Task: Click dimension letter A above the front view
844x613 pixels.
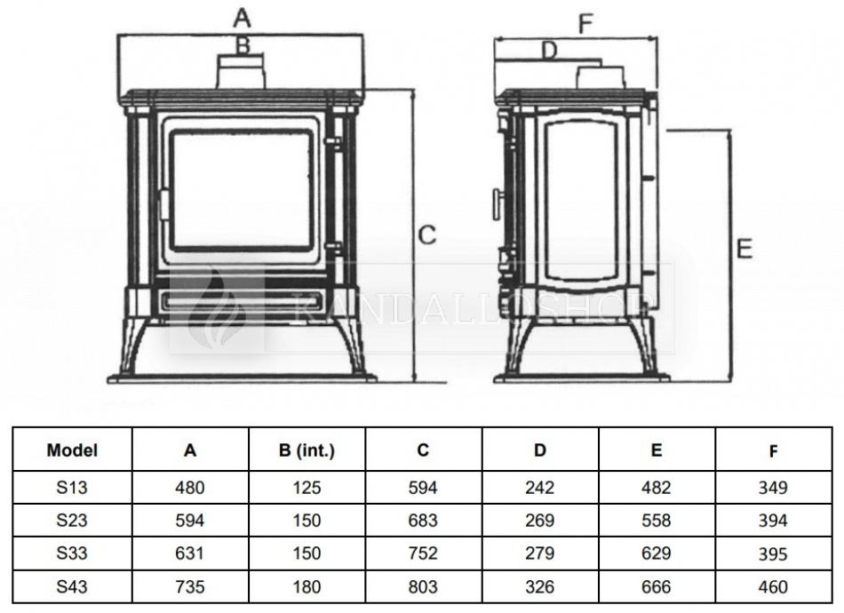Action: tap(243, 18)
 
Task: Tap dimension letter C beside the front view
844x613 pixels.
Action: tap(426, 235)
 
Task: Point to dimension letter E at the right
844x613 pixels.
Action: tap(744, 249)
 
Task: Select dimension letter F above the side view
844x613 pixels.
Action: tap(585, 24)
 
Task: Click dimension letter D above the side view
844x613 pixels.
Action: tap(549, 50)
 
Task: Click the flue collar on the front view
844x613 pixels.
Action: tap(241, 71)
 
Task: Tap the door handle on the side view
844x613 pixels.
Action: tap(497, 203)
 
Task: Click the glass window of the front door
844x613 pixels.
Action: tap(241, 191)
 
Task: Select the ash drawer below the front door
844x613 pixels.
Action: tap(243, 299)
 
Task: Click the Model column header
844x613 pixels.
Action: tap(72, 450)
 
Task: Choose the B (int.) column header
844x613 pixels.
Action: tap(307, 450)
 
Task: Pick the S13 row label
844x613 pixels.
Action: tap(72, 488)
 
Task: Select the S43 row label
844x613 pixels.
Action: tap(72, 586)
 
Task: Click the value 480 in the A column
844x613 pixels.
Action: tap(190, 488)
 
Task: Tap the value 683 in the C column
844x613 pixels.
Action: tap(423, 521)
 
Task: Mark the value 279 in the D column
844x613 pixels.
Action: tap(540, 553)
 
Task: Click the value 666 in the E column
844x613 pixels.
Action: tap(657, 586)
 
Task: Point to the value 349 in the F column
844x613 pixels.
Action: tap(773, 488)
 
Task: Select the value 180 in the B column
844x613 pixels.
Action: tap(307, 586)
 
